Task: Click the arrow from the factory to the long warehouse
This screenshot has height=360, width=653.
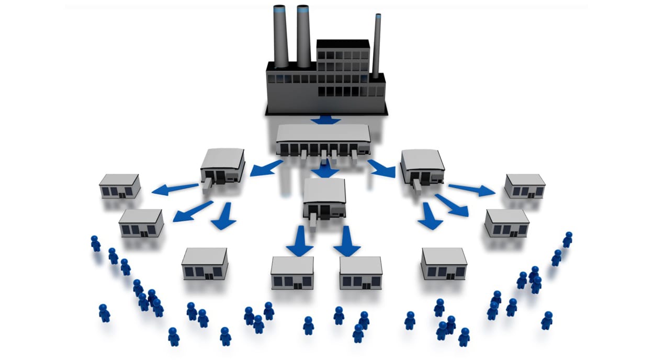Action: pyautogui.click(x=325, y=120)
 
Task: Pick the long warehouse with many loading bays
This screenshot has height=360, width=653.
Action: pyautogui.click(x=323, y=140)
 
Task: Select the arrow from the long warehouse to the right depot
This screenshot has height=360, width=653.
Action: pyautogui.click(x=382, y=168)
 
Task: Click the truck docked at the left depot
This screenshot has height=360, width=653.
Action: pyautogui.click(x=207, y=182)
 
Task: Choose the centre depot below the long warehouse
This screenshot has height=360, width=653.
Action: pyautogui.click(x=325, y=198)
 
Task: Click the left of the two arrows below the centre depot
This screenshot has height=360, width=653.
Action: pyautogui.click(x=300, y=241)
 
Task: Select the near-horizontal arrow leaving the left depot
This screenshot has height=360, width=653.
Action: pyautogui.click(x=174, y=188)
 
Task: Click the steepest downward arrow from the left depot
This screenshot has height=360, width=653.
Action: pyautogui.click(x=223, y=216)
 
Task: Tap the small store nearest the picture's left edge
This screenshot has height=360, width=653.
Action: pyautogui.click(x=120, y=186)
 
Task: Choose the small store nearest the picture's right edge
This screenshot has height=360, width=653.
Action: pyautogui.click(x=525, y=186)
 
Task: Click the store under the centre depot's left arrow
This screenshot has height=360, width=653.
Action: pyautogui.click(x=292, y=273)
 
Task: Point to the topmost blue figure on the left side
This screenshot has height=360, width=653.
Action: pyautogui.click(x=95, y=243)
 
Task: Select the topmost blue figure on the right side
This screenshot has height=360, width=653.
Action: pyautogui.click(x=567, y=240)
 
